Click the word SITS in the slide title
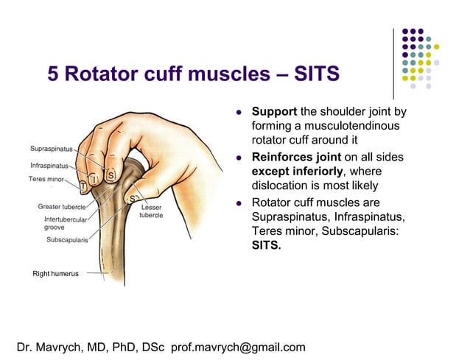pos(315,74)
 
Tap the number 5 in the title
pos(54,74)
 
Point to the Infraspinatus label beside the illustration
pos(49,165)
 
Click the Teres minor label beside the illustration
pos(46,178)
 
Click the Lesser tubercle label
pos(151,211)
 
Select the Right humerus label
pos(56,274)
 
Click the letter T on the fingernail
pos(83,188)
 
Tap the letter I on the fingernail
pos(95,178)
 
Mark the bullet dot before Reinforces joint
pos(239,158)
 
